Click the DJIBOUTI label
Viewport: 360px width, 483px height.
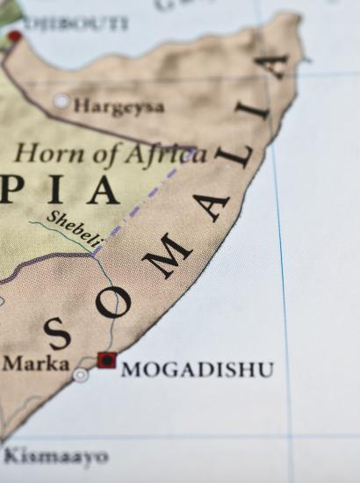tap(76, 24)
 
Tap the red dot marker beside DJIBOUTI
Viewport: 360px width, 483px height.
tap(15, 37)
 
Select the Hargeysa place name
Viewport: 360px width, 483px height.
tap(119, 106)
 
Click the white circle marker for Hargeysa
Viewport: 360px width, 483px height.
tap(61, 101)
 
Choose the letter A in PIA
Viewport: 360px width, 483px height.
tap(103, 190)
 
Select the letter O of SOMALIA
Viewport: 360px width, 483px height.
tap(113, 301)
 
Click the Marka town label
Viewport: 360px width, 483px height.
tap(35, 362)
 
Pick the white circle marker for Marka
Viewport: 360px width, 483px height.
tap(81, 375)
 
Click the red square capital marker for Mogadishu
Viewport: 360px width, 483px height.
tap(106, 359)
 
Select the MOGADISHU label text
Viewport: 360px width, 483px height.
tap(197, 370)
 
